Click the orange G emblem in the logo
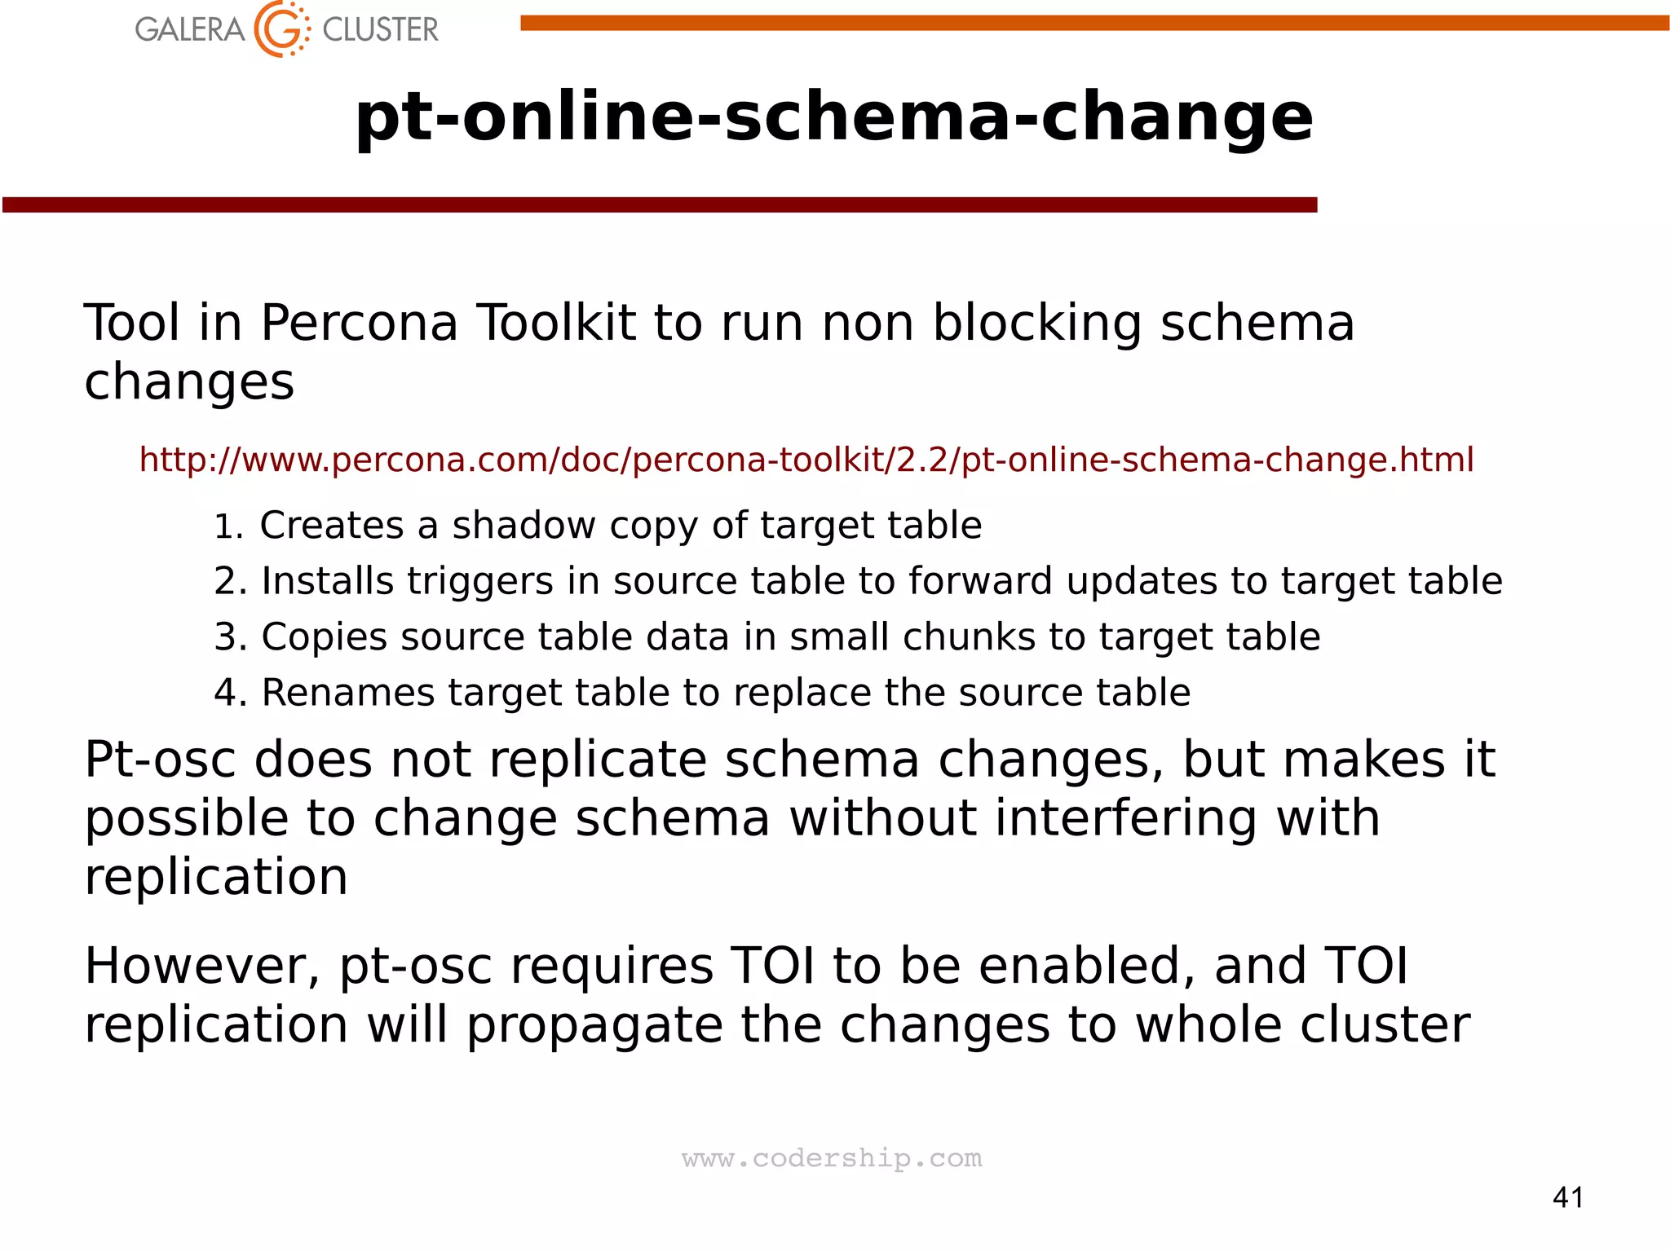281,29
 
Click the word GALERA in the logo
189,30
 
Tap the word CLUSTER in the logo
380,30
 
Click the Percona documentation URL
806,460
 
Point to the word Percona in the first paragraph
359,323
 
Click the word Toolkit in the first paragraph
555,323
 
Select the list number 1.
228,526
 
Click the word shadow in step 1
524,526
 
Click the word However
201,966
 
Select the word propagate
594,1026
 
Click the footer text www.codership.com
832,1158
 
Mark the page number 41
1568,1197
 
